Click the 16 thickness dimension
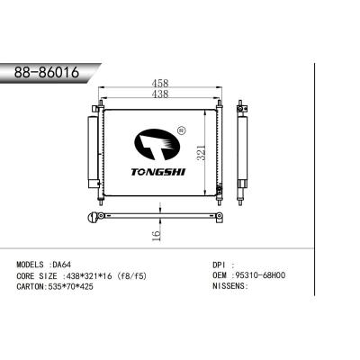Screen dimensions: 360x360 pyautogui.click(x=155, y=236)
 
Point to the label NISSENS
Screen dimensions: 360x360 pyautogui.click(x=224, y=288)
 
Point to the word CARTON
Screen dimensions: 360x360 pyautogui.click(x=32, y=288)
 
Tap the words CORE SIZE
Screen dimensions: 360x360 pyautogui.click(x=37, y=277)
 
